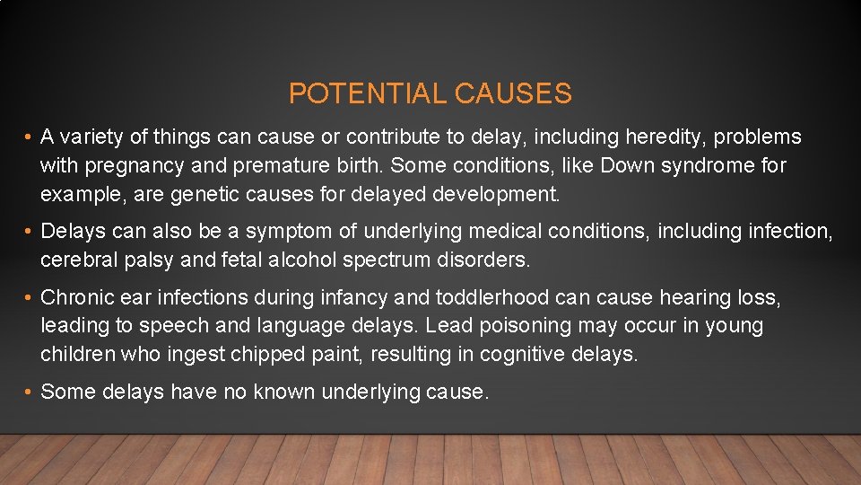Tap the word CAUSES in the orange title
coord(513,93)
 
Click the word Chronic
coord(78,297)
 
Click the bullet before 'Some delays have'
coord(30,392)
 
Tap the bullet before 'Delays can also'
coord(30,232)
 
